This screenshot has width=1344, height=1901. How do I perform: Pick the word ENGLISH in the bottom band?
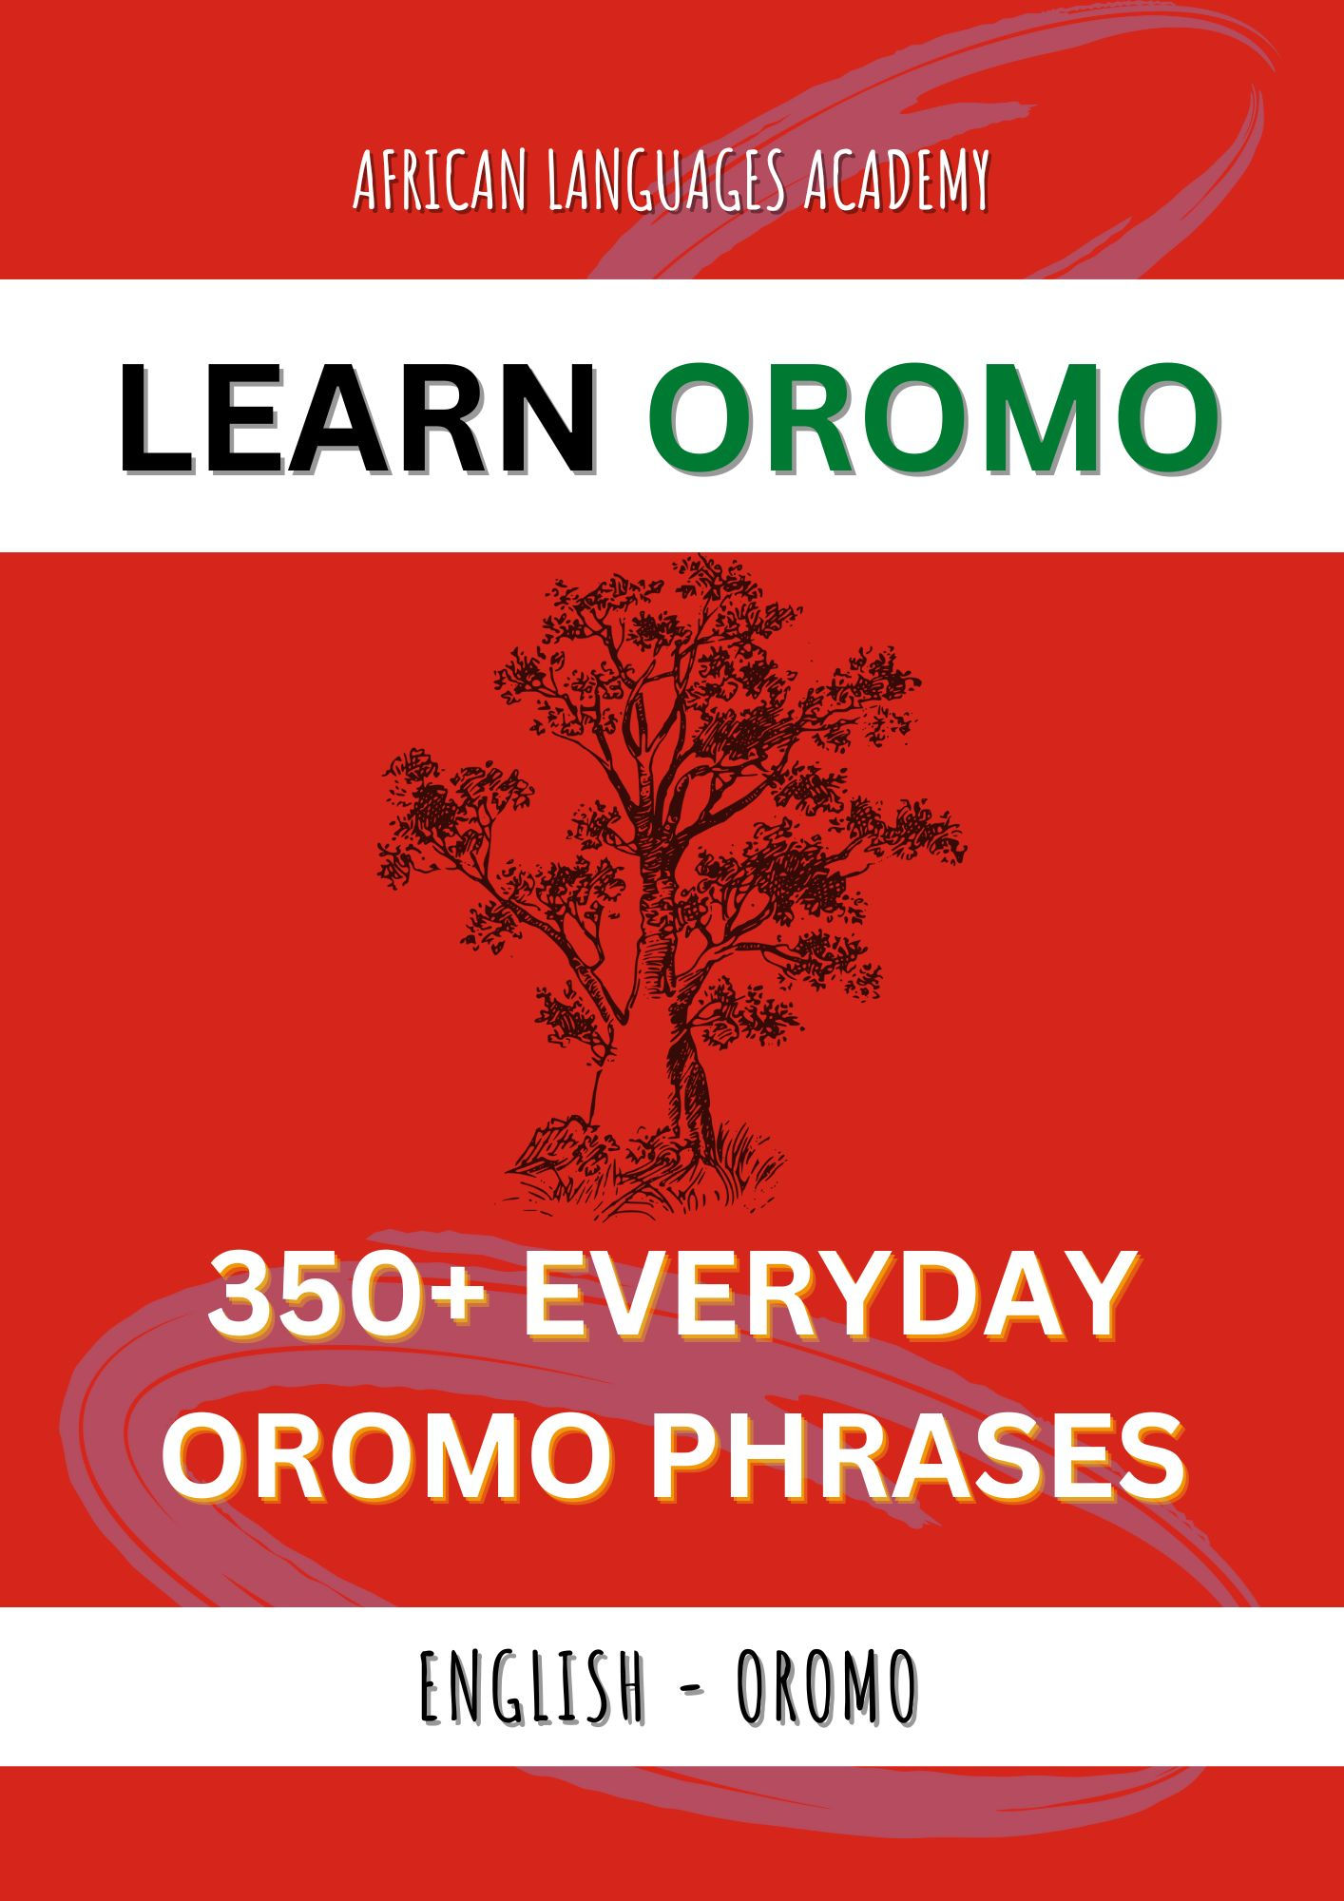(531, 1686)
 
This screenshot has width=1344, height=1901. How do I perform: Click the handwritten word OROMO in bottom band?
(827, 1686)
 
